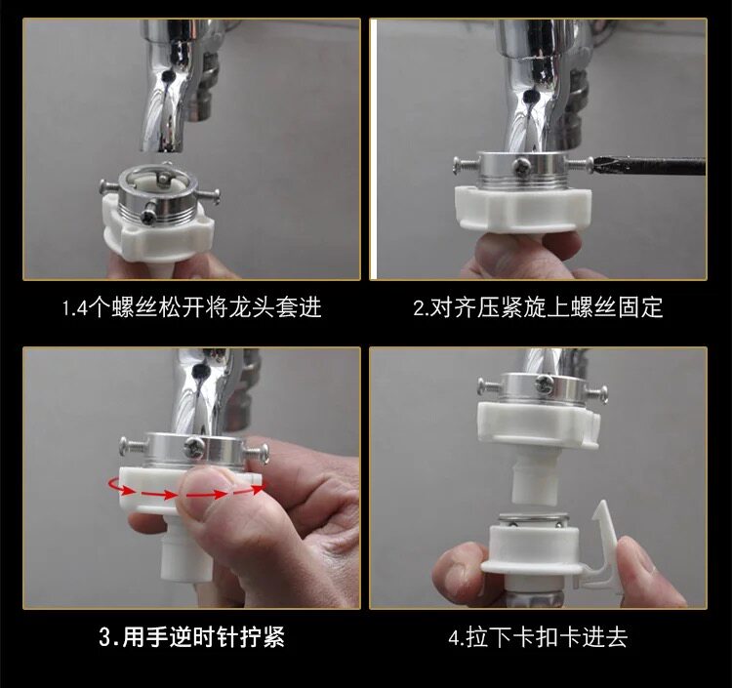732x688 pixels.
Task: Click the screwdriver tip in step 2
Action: pos(592,165)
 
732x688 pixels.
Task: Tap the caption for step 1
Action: pos(192,307)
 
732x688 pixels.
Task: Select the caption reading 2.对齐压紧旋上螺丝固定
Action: pos(538,307)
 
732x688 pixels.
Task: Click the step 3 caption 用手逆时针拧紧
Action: pos(191,637)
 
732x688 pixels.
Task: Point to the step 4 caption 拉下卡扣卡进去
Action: pos(538,637)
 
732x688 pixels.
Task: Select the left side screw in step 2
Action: pos(466,165)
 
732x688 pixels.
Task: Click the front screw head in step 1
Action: pos(149,215)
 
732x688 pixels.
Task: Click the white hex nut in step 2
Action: pos(524,208)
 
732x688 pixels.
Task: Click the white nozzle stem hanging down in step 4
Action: pos(534,481)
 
